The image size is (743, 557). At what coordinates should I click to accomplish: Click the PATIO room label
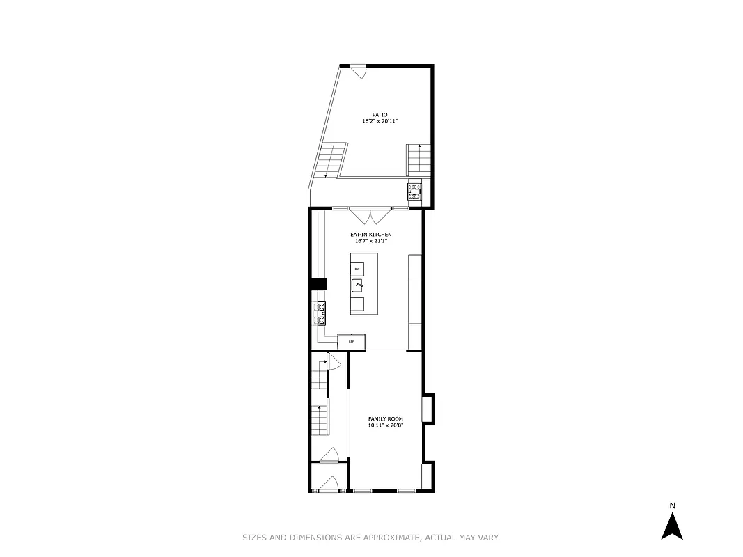[x=380, y=115]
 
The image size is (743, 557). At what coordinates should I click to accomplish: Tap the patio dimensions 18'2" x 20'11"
[x=380, y=121]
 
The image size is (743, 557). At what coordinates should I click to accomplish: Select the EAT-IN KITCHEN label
[x=370, y=235]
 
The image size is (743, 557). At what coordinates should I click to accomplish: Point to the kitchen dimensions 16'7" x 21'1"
[x=370, y=241]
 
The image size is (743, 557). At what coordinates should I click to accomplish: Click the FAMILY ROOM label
[x=386, y=419]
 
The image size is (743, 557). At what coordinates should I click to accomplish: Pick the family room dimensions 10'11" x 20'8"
[x=386, y=425]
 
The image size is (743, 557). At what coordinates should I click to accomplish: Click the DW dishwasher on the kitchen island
[x=357, y=269]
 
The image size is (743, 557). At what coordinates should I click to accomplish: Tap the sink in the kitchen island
[x=359, y=284]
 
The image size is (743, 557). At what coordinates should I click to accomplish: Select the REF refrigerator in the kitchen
[x=352, y=341]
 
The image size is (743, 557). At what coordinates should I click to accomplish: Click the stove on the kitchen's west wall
[x=321, y=313]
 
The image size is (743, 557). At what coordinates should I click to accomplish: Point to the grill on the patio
[x=414, y=191]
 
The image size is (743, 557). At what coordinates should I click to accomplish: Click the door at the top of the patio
[x=359, y=71]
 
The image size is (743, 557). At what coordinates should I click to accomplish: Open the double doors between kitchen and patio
[x=370, y=214]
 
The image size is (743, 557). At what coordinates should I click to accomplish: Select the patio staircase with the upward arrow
[x=418, y=159]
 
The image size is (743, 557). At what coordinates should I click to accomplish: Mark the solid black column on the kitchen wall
[x=319, y=284]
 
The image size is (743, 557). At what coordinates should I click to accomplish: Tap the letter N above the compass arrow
[x=672, y=505]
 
